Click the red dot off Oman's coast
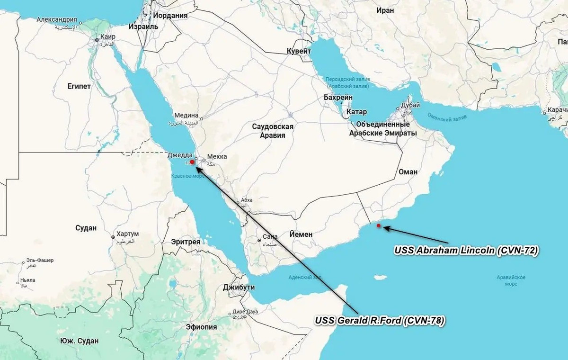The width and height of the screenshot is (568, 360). [x=378, y=225]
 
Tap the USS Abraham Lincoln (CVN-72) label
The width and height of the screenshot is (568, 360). [x=466, y=250]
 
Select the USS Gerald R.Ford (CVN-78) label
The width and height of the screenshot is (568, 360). [x=380, y=321]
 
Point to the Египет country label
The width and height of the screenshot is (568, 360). [x=79, y=86]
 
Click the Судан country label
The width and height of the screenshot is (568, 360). [x=86, y=228]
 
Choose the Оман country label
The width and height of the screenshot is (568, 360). [x=408, y=171]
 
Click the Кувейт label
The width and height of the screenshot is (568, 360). [x=299, y=51]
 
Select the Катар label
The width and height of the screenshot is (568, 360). [x=356, y=112]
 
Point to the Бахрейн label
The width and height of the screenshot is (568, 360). [x=338, y=97]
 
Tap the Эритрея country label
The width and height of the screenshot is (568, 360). [x=186, y=242]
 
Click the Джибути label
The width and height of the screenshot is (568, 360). [x=239, y=287]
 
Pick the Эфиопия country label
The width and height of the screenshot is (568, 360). [x=201, y=327]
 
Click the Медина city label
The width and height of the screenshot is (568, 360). [x=186, y=115]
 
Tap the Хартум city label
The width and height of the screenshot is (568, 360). [x=128, y=234]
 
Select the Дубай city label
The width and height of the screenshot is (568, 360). [x=410, y=105]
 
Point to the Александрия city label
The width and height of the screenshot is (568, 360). [x=57, y=20]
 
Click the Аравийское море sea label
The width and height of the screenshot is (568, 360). [x=512, y=280]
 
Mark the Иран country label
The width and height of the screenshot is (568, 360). [x=385, y=10]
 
